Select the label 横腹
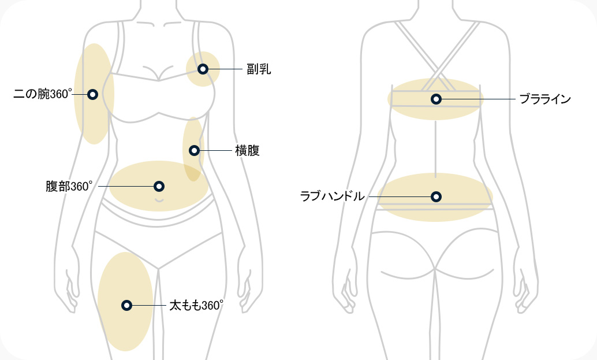pyautogui.click(x=247, y=151)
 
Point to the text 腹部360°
pyautogui.click(x=69, y=187)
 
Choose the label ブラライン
pyautogui.click(x=544, y=99)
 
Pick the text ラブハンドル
pyautogui.click(x=333, y=196)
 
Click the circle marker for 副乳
pyautogui.click(x=203, y=69)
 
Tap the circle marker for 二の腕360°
pyautogui.click(x=92, y=94)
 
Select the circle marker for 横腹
pyautogui.click(x=194, y=151)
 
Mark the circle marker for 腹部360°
pyautogui.click(x=159, y=186)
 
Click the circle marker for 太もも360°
pyautogui.click(x=126, y=305)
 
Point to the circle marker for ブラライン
pyautogui.click(x=436, y=99)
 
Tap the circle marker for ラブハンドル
pyautogui.click(x=436, y=196)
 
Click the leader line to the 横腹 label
pyautogui.click(x=214, y=151)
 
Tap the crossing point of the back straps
pyautogui.click(x=436, y=68)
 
